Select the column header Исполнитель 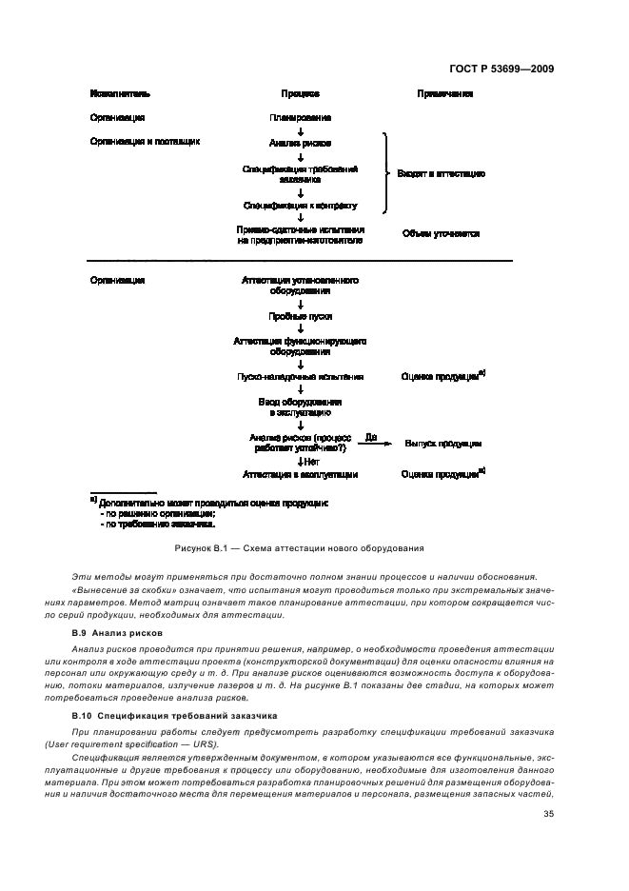pyautogui.click(x=120, y=94)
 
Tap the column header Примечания pyautogui.click(x=444, y=94)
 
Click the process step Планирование pyautogui.click(x=300, y=117)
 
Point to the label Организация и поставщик pyautogui.click(x=145, y=141)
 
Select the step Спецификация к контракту pyautogui.click(x=300, y=205)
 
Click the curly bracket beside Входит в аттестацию pyautogui.click(x=386, y=173)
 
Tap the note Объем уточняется pyautogui.click(x=441, y=233)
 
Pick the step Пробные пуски pyautogui.click(x=300, y=316)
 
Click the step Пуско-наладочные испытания pyautogui.click(x=300, y=377)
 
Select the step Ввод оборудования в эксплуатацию pyautogui.click(x=300, y=407)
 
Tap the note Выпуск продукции pyautogui.click(x=443, y=444)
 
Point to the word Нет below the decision pyautogui.click(x=309, y=461)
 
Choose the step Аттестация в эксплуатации pyautogui.click(x=300, y=473)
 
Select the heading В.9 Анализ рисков pyautogui.click(x=117, y=633)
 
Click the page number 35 pyautogui.click(x=548, y=814)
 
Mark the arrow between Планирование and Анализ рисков pyautogui.click(x=300, y=130)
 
